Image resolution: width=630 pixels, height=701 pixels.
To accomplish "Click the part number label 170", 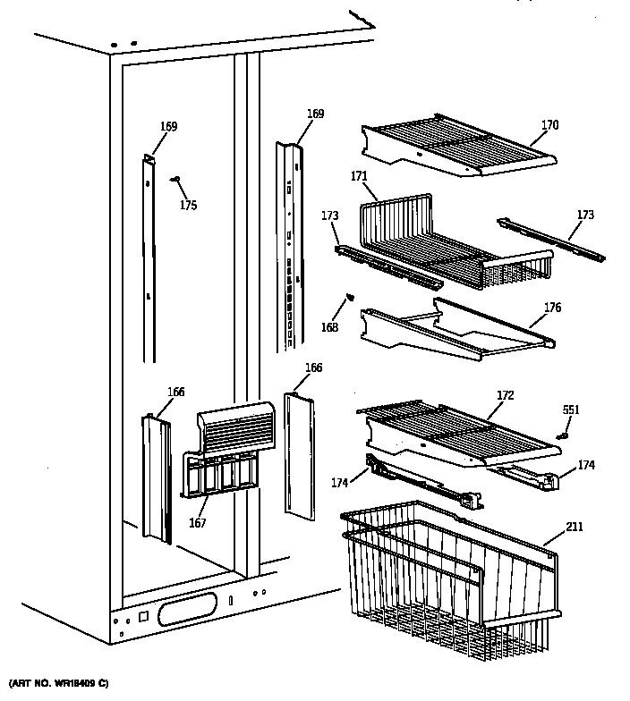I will click(549, 125).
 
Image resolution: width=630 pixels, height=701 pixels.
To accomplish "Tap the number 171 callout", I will click(359, 176).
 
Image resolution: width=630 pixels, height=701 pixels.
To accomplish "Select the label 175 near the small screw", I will click(188, 205).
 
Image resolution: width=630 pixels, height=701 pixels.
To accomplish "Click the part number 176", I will click(552, 308).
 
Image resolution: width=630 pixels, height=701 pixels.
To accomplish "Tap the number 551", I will click(570, 410).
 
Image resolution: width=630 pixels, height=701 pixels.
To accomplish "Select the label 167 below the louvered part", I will click(197, 523).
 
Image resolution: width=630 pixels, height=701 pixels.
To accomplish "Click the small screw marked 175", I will click(175, 180).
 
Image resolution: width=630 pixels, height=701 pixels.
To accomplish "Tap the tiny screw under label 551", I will click(563, 435).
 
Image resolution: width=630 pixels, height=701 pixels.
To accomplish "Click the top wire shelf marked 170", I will click(456, 143).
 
